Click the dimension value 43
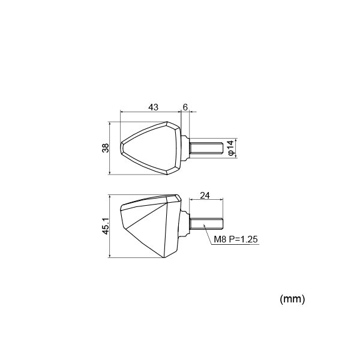[154, 107]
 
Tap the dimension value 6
[185, 107]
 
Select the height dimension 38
[106, 148]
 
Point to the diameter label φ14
[231, 148]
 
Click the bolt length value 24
[205, 196]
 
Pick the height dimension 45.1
[106, 226]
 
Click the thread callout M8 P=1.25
[236, 239]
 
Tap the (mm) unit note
[292, 299]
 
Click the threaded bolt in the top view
[206, 148]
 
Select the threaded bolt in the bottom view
[206, 224]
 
